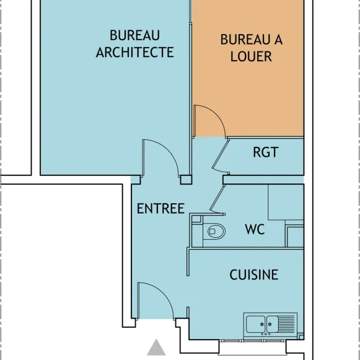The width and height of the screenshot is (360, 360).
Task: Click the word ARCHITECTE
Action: click(x=135, y=52)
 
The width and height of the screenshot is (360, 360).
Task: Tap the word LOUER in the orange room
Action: click(x=251, y=56)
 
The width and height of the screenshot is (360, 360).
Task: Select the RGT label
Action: click(x=266, y=152)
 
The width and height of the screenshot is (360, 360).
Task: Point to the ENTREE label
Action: click(x=160, y=208)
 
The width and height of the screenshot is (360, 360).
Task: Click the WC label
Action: click(x=255, y=229)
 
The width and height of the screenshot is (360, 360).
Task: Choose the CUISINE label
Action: click(x=254, y=274)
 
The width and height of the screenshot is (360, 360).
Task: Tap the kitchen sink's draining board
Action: click(x=286, y=324)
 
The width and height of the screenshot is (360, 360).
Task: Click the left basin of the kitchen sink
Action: click(x=256, y=324)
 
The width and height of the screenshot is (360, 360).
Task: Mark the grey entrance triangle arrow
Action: click(x=156, y=348)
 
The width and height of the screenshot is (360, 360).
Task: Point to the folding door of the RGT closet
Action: click(x=220, y=156)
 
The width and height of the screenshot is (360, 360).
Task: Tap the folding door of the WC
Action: click(x=217, y=200)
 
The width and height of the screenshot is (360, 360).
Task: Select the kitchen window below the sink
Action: click(x=253, y=348)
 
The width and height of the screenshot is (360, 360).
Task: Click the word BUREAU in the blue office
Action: click(x=135, y=35)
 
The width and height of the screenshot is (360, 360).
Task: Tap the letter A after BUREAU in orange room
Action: click(x=278, y=40)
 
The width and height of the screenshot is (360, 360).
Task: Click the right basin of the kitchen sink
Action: click(x=272, y=324)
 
